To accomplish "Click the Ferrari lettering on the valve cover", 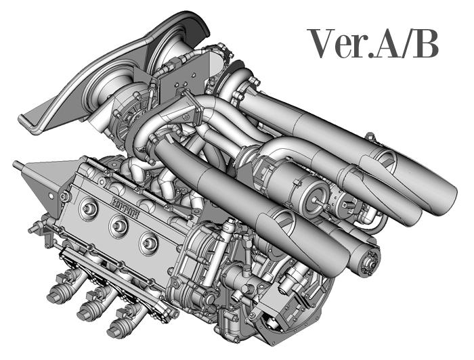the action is (125, 207).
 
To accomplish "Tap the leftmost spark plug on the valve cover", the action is (89, 208).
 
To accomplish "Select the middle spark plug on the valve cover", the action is (118, 225).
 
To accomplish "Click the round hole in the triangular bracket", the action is (51, 196).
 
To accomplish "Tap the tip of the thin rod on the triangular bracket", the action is (14, 164).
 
